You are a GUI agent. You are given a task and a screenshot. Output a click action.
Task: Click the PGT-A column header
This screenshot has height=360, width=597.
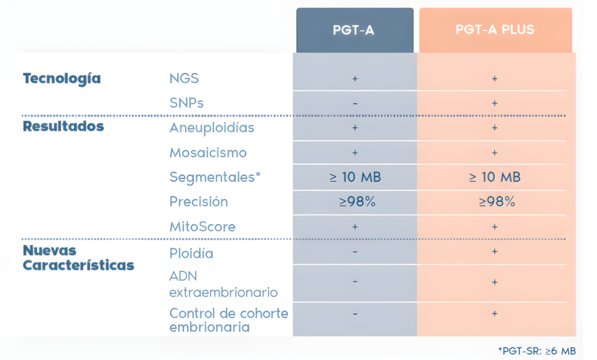pos(354,30)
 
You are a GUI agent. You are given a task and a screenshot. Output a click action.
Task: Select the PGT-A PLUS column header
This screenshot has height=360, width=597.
pos(495,30)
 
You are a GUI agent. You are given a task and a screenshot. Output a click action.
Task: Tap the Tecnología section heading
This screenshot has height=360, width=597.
pos(61,79)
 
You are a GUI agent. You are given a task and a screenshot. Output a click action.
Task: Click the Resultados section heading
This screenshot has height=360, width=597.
pos(63,126)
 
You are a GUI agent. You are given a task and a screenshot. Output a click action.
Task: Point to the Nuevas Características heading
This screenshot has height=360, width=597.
pos(78,258)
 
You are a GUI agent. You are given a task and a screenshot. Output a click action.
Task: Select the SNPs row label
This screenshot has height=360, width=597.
pos(187,103)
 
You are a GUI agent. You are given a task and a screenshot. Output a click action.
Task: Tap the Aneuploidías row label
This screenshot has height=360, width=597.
pos(212,128)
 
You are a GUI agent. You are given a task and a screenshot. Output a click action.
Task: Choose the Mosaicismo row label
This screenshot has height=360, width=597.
pos(208,153)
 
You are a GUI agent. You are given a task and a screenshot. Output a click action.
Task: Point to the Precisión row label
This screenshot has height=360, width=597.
pos(199,202)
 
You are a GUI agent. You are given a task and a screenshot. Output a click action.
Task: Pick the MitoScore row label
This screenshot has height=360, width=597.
pos(202,227)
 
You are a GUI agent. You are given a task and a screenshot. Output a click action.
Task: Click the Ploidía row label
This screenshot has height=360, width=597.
pos(191,253)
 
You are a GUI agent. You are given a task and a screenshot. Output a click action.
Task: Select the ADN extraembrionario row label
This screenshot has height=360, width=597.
pos(223,284)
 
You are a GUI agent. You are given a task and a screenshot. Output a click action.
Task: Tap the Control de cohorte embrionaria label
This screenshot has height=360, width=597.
pos(229,320)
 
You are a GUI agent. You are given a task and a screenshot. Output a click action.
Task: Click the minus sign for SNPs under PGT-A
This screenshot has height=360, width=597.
pos(355,104)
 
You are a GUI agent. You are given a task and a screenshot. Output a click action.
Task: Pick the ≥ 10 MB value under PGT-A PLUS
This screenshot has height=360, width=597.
pos(495,177)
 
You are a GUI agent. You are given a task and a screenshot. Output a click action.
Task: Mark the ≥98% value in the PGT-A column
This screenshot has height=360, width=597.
pos(355,202)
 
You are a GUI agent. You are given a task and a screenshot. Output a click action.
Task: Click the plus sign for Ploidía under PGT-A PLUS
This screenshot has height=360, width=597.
pos(495,252)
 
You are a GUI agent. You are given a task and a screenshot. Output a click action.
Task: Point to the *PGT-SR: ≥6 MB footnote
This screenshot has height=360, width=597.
pos(536,351)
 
